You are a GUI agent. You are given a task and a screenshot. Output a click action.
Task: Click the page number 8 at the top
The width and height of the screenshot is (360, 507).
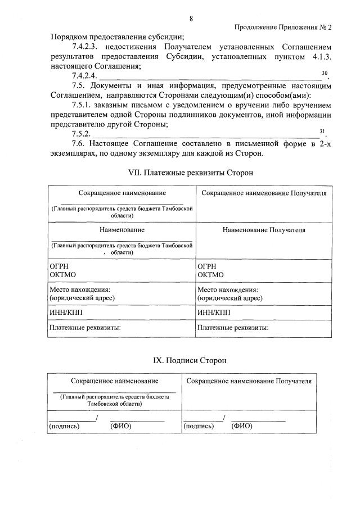tap(191, 19)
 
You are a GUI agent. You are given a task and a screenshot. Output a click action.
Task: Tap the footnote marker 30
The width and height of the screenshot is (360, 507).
tap(323, 73)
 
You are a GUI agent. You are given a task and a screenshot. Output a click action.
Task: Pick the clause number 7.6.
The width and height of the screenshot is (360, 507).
tap(80, 144)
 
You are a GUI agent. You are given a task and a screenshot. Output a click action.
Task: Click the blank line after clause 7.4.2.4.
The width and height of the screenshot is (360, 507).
tap(208, 76)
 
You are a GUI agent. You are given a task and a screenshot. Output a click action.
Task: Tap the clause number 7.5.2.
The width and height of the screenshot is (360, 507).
tap(82, 134)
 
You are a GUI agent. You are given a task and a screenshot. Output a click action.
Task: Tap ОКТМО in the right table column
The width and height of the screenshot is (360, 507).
tap(211, 275)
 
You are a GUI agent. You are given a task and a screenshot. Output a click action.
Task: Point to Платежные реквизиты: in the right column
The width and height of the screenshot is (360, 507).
tap(232, 327)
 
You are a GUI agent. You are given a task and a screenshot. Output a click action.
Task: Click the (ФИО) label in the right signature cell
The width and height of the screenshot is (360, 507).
tap(242, 426)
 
